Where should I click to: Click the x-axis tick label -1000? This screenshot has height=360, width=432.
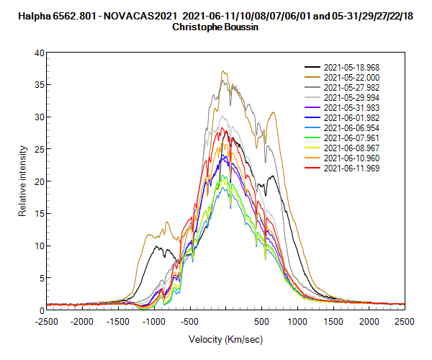coord(154,322)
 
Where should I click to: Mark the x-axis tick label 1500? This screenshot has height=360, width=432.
coord(333,322)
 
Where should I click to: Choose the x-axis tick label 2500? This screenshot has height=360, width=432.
coord(405,322)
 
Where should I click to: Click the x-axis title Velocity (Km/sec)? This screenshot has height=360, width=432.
coord(225,339)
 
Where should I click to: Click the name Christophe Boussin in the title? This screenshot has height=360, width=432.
coord(216,27)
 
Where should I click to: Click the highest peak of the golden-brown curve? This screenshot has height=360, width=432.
coord(224,71)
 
